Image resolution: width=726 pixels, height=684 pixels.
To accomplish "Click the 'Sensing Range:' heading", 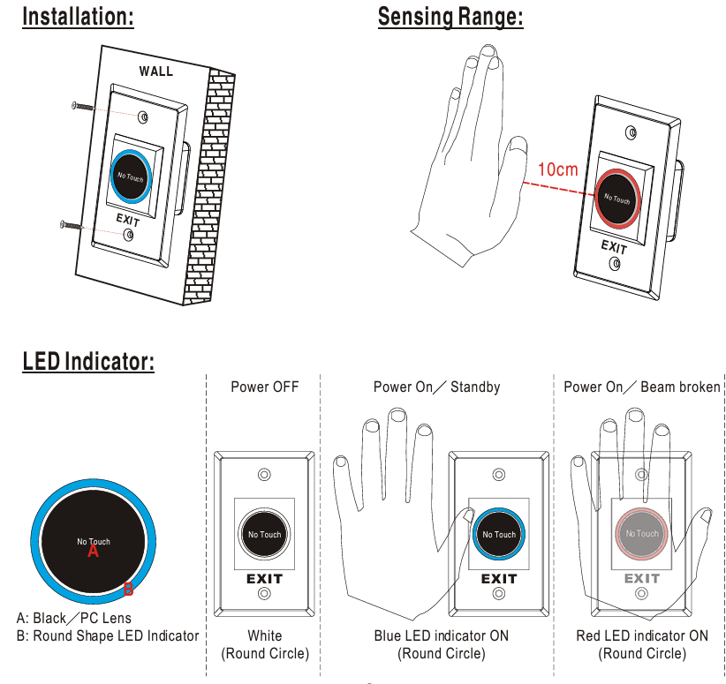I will pyautogui.click(x=450, y=17).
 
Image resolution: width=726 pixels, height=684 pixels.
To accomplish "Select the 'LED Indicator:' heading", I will pyautogui.click(x=88, y=361).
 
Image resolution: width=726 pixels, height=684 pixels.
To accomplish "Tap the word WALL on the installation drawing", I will pyautogui.click(x=156, y=71).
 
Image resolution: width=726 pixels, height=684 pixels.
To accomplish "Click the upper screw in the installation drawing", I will pyautogui.click(x=82, y=106).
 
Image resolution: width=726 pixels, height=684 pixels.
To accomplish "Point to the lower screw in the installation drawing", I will pyautogui.click(x=71, y=224).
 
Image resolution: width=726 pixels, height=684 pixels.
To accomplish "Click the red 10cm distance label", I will pyautogui.click(x=557, y=169).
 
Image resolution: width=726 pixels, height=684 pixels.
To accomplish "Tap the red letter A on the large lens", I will pyautogui.click(x=94, y=552).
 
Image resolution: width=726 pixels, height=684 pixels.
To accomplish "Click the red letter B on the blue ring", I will pyautogui.click(x=128, y=589).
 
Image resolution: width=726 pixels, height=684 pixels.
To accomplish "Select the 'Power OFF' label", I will pyautogui.click(x=264, y=387).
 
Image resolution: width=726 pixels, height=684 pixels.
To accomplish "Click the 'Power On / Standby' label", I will pyautogui.click(x=436, y=387).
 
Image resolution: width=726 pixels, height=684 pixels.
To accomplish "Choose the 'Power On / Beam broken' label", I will pyautogui.click(x=642, y=387).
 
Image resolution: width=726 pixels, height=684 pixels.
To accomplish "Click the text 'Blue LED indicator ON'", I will pyautogui.click(x=442, y=635).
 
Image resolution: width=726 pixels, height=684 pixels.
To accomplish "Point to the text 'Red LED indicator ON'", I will pyautogui.click(x=642, y=635).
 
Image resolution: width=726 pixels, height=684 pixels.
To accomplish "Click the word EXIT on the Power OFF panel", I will pyautogui.click(x=264, y=579).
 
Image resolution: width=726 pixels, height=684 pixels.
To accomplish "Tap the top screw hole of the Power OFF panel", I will pyautogui.click(x=264, y=475).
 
